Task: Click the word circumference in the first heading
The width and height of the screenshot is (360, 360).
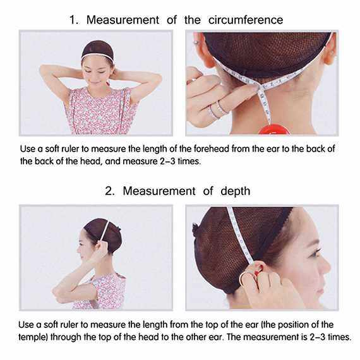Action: pos(246,20)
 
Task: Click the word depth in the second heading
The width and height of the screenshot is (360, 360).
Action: pos(235,191)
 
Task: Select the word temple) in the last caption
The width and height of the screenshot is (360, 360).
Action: pos(33,337)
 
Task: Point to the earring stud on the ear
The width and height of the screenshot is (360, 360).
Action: pos(196,42)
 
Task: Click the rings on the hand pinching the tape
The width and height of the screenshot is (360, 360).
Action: pos(217,110)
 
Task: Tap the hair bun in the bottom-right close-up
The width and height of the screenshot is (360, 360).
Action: pos(196,231)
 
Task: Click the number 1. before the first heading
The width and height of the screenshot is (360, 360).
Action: pos(74,20)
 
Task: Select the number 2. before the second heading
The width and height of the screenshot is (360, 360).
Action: pos(110,191)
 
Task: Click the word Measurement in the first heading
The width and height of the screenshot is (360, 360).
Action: pos(123,20)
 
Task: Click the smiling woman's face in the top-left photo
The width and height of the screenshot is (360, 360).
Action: pos(97,73)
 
